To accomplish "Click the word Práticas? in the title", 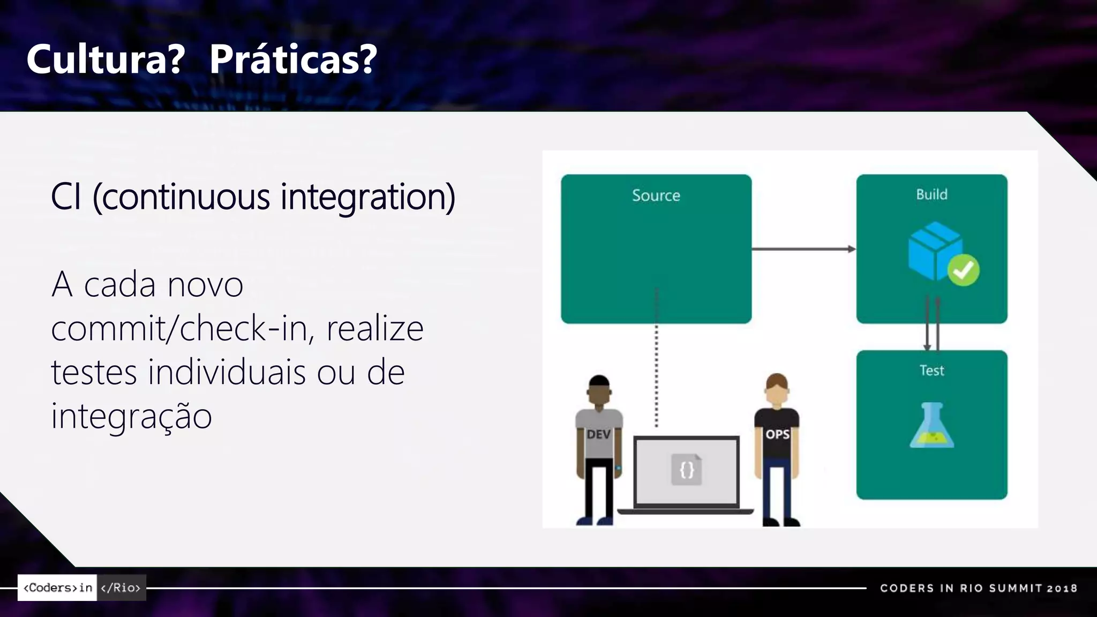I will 293,59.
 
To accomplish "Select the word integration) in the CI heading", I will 368,197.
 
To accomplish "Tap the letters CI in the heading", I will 66,197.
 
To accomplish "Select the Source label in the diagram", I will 656,195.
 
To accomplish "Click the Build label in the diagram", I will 931,194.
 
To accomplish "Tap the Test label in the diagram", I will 931,371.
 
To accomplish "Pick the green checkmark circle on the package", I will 963,270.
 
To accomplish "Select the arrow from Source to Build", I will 803,249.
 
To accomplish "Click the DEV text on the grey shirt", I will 598,434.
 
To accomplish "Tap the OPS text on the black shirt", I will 777,434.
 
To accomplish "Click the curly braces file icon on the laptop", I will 687,470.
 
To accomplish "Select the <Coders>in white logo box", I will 57,588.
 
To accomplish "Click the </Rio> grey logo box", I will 121,588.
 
